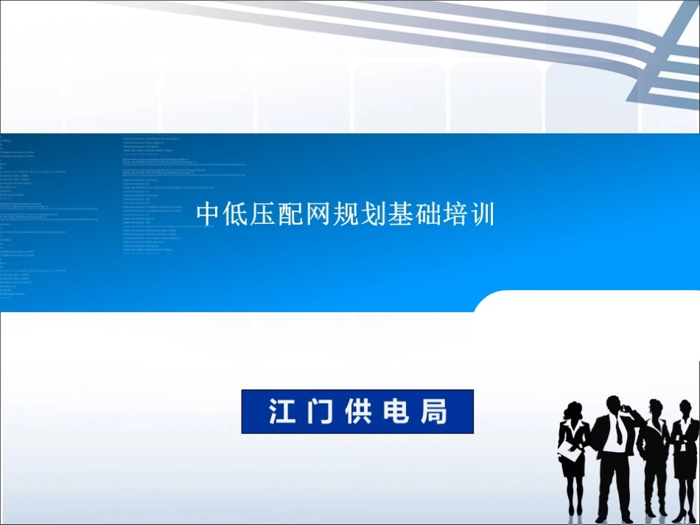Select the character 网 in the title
[318, 215]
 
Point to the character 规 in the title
[345, 215]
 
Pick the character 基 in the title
[399, 215]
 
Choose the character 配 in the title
[290, 215]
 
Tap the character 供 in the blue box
[357, 412]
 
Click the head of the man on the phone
[614, 405]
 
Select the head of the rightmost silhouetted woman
[685, 407]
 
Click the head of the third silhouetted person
[654, 409]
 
